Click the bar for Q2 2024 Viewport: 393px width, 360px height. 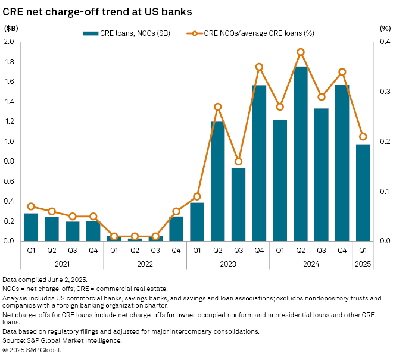pos(301,154)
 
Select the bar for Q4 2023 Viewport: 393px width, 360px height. pos(259,163)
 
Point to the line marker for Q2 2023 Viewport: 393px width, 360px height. pos(218,107)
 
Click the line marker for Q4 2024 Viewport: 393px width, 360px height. pos(342,72)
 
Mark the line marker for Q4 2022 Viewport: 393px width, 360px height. pos(176,211)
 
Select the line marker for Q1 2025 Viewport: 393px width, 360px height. pos(363,137)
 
